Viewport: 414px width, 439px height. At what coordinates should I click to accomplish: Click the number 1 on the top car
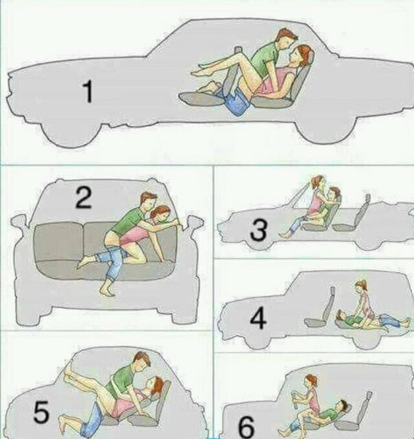tap(88, 91)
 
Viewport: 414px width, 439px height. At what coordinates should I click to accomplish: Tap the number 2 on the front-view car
tap(84, 198)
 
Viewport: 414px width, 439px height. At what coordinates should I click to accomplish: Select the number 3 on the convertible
tap(258, 230)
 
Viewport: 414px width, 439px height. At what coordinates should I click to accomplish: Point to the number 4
tap(258, 318)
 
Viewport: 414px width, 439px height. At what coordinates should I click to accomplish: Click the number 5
tap(41, 412)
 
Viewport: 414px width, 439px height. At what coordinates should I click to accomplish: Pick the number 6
tap(247, 428)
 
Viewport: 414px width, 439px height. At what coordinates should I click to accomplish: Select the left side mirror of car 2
tap(21, 222)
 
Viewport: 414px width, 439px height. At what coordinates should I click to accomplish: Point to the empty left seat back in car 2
tap(60, 241)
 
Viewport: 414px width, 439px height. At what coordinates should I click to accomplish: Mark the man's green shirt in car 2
tap(130, 221)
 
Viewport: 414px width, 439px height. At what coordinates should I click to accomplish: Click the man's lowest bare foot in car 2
tap(108, 290)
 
